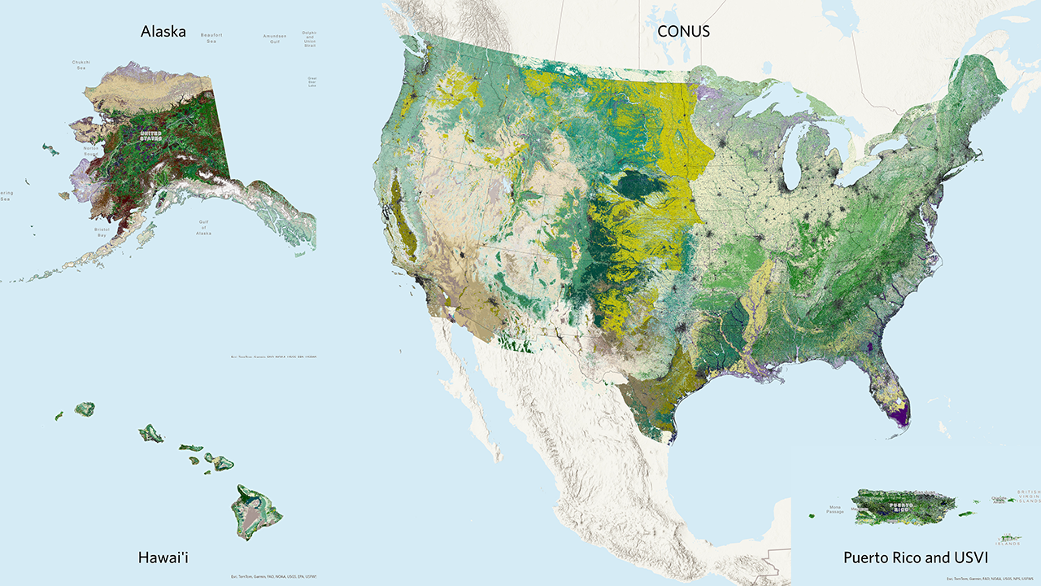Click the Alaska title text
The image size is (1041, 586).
pyautogui.click(x=163, y=32)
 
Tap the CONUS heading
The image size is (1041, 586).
pyautogui.click(x=683, y=32)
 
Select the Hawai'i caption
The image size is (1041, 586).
pyautogui.click(x=168, y=558)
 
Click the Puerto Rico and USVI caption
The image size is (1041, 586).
pyautogui.click(x=916, y=558)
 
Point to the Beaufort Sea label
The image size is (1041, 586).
pyautogui.click(x=211, y=38)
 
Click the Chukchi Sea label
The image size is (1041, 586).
pyautogui.click(x=81, y=64)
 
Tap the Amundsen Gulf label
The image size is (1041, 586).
pyautogui.click(x=274, y=38)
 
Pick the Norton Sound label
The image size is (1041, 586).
pyautogui.click(x=90, y=151)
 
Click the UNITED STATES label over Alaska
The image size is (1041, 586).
pyautogui.click(x=150, y=134)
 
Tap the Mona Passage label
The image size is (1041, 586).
pyautogui.click(x=835, y=509)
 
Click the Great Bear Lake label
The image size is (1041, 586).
pyautogui.click(x=311, y=82)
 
